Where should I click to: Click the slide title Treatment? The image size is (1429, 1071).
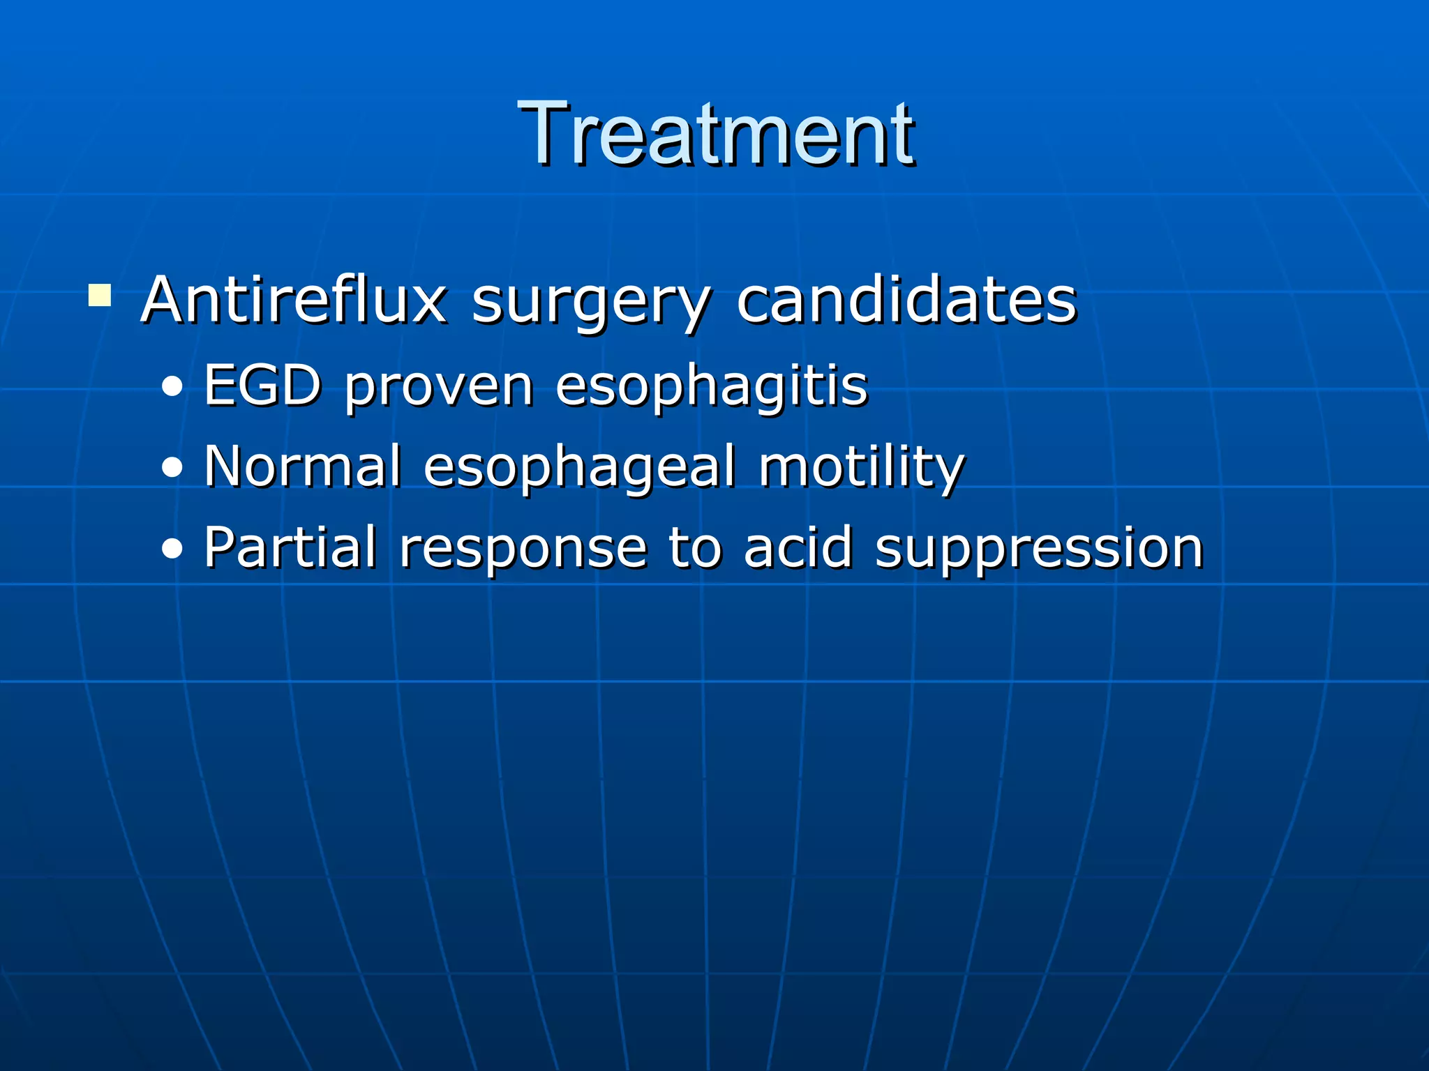pos(716,134)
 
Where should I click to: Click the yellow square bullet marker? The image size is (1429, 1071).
pos(100,295)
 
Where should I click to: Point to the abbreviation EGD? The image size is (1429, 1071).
pos(262,385)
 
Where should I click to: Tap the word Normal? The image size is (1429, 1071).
pos(303,466)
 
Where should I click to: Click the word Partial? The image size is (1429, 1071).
pos(290,547)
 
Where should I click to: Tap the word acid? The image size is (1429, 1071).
pos(798,547)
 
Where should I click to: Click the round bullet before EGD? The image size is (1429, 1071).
pos(172,388)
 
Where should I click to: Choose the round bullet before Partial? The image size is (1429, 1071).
pos(172,549)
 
